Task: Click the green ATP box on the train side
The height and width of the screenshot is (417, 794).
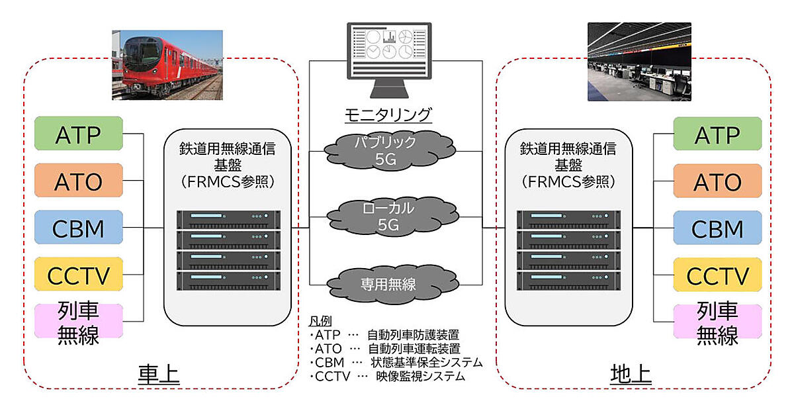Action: (79, 134)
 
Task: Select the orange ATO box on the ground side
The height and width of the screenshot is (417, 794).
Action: (717, 181)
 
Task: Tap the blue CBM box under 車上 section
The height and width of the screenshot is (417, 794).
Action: (79, 228)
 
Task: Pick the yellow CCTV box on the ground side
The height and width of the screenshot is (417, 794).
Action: (717, 275)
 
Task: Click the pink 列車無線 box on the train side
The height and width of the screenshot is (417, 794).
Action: (79, 323)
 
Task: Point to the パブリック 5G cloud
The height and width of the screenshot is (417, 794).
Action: (385, 151)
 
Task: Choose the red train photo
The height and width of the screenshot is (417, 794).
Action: (167, 65)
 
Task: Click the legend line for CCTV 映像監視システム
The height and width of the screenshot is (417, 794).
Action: (387, 376)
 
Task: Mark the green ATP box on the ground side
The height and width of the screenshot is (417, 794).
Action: (717, 134)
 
